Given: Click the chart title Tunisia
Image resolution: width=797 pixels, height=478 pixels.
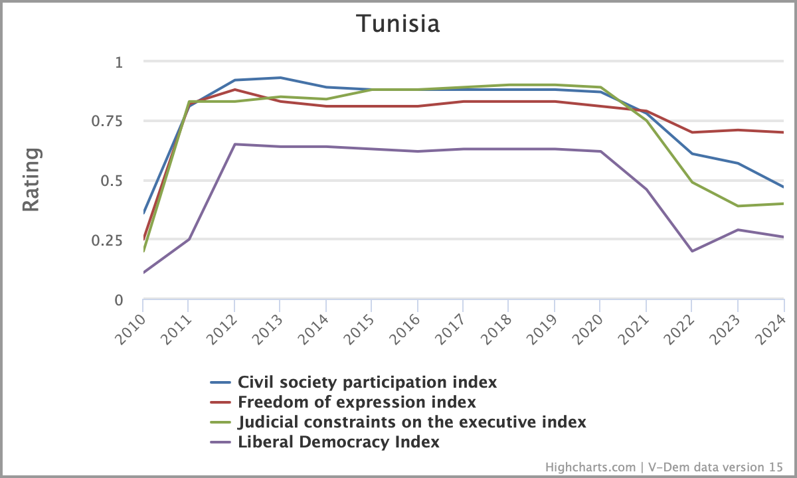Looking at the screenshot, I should pos(398,24).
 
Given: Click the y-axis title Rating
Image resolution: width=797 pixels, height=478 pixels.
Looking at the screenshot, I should pos(31,181).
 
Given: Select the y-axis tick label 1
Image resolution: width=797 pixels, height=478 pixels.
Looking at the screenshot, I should pos(119,62).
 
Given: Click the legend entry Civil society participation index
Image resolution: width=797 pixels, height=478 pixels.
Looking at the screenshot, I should pos(367,382).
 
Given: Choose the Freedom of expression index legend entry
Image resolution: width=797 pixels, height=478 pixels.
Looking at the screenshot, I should pos(357,402).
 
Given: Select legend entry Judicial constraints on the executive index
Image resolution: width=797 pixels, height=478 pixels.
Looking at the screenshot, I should pos(412,422).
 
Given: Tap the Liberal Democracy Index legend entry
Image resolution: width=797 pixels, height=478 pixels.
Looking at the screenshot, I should pos(339,442).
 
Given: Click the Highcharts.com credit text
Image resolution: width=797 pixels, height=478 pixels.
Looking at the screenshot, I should pos(590,467).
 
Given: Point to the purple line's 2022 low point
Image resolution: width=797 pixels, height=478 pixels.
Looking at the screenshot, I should pos(692,251).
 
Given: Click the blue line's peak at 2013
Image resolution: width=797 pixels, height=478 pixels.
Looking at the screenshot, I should pos(280,78).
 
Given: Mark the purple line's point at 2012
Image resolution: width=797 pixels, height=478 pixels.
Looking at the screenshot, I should pos(234,144).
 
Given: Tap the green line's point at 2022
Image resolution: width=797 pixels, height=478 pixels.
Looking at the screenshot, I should pos(692,182).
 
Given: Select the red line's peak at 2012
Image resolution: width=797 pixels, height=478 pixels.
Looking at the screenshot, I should pos(234,90).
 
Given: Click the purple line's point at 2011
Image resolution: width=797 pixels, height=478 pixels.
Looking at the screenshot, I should pos(189,239).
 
